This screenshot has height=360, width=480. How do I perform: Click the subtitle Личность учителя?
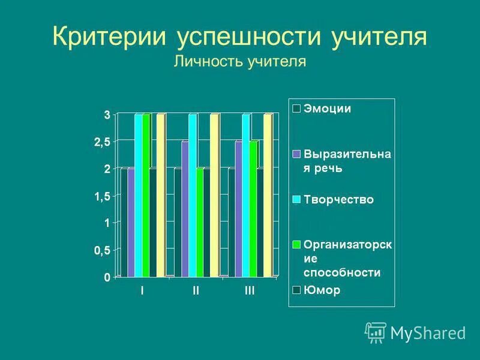pos(240,62)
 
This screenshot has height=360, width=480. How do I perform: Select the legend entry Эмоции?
pos(327,109)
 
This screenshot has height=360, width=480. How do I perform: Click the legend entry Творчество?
pos(338,200)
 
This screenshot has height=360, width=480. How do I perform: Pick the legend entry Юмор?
pos(322,290)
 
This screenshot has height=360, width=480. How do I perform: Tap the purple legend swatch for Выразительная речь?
pos(296,154)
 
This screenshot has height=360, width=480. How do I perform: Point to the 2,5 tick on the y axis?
pos(102,142)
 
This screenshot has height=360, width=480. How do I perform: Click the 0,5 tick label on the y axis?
pos(102,251)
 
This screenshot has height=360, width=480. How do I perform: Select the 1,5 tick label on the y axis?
pos(102,196)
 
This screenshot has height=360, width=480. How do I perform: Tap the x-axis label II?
pos(196,290)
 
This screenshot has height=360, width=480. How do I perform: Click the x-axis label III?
pos(250,290)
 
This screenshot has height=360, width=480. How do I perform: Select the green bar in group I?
pos(146,195)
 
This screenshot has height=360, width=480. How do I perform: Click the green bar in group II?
pos(200,222)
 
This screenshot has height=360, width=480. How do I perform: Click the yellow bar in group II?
pos(214,195)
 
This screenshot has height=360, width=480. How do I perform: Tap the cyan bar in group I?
pos(139,195)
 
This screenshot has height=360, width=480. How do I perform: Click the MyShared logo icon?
pos(376,332)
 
